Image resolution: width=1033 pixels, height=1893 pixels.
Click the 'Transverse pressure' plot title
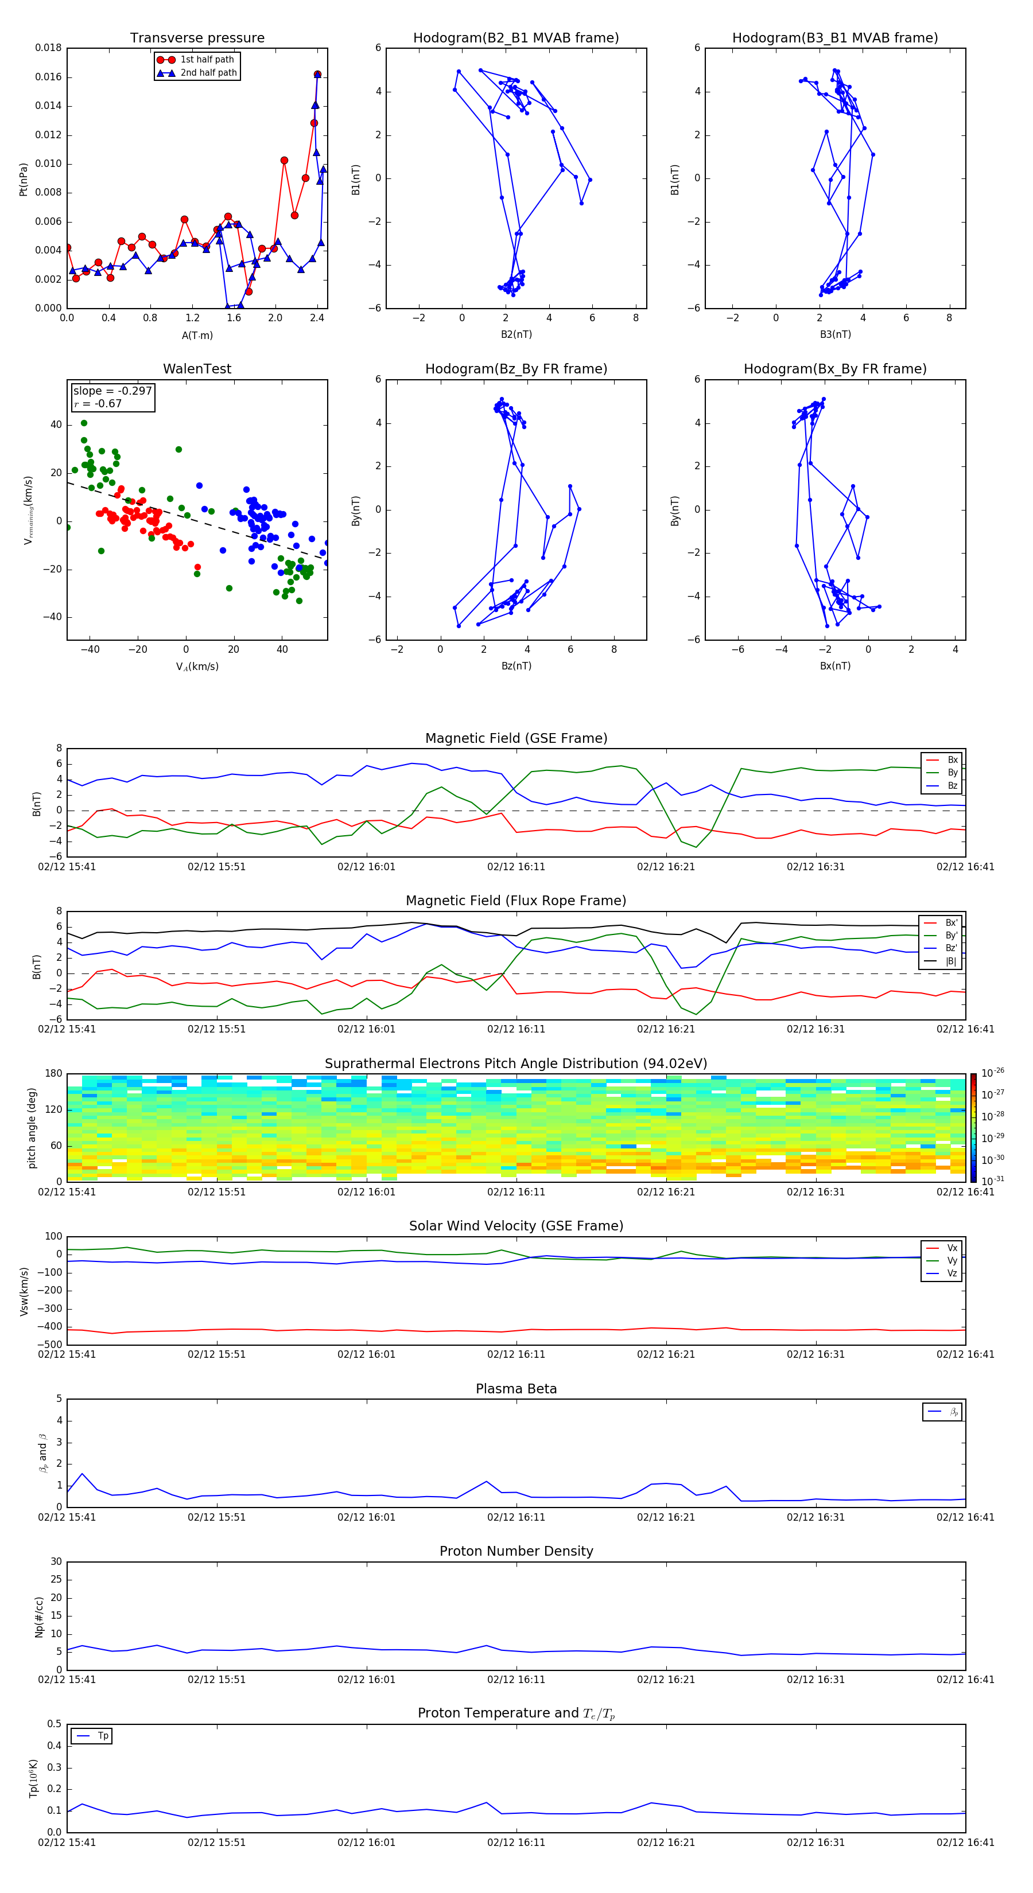pyautogui.click(x=197, y=38)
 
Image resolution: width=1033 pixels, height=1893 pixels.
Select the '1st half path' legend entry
pyautogui.click(x=207, y=60)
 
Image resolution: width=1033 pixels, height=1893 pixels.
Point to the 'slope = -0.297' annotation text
pyautogui.click(x=112, y=391)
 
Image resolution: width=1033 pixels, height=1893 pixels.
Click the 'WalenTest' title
pyautogui.click(x=197, y=369)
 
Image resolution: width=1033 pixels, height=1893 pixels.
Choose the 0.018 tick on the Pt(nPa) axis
pyautogui.click(x=49, y=49)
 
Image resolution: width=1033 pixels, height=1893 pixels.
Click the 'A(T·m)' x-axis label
pyautogui.click(x=197, y=335)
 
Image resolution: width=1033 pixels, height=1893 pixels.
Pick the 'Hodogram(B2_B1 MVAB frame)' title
pyautogui.click(x=515, y=38)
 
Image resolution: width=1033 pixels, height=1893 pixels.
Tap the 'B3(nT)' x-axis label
pyautogui.click(x=835, y=334)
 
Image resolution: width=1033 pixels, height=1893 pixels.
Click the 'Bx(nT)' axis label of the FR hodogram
pyautogui.click(x=835, y=666)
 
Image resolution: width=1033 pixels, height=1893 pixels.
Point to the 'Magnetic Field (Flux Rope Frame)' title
pyautogui.click(x=515, y=901)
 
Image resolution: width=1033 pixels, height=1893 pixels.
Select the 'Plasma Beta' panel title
pyautogui.click(x=515, y=1389)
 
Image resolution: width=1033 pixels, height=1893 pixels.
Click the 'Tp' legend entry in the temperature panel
pyautogui.click(x=102, y=1736)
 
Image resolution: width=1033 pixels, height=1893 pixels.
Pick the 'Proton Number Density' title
pyautogui.click(x=515, y=1551)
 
